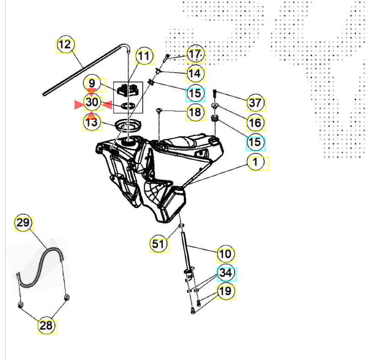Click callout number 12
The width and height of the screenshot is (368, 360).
click(x=65, y=45)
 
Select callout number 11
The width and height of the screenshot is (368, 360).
click(x=144, y=56)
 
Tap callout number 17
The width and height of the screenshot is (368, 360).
click(x=195, y=54)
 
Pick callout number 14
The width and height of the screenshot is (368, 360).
click(x=195, y=74)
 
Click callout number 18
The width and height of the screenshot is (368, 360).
click(x=195, y=112)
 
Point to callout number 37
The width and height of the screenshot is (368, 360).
click(x=256, y=103)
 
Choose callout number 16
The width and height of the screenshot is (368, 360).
click(x=256, y=123)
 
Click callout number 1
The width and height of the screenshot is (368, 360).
click(x=256, y=162)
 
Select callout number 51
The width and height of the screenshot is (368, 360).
click(x=159, y=244)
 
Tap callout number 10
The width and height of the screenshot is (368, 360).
click(x=226, y=254)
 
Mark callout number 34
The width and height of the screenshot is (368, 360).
click(x=226, y=273)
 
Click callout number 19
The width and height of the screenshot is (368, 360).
click(x=226, y=291)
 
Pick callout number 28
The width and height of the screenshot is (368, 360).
click(x=47, y=326)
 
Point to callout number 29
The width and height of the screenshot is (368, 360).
click(x=23, y=223)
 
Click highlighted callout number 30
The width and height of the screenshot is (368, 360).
click(x=92, y=102)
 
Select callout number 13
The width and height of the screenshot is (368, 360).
click(x=92, y=122)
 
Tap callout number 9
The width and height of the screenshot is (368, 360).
click(x=92, y=83)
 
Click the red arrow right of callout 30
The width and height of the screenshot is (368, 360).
click(x=107, y=105)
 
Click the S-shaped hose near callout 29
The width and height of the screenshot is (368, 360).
click(x=50, y=251)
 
